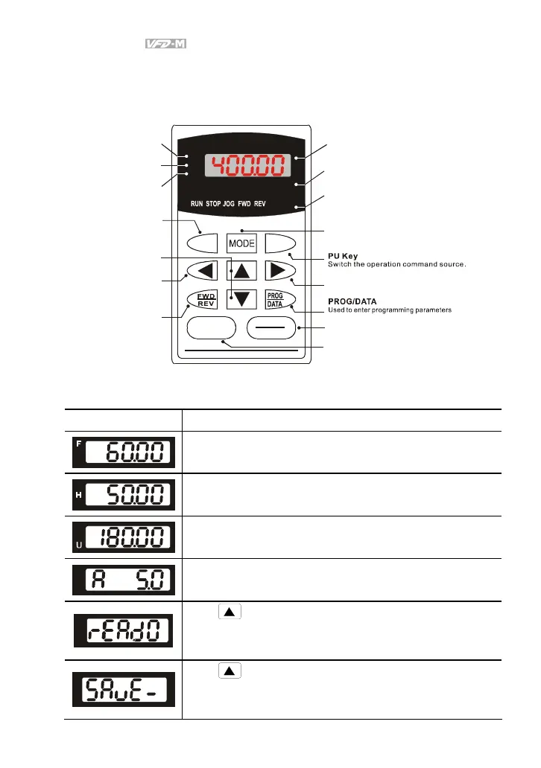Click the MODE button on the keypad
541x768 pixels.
tap(241, 243)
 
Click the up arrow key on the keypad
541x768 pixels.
tap(241, 271)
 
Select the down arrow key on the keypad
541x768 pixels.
tap(241, 299)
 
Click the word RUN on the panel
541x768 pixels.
tap(197, 203)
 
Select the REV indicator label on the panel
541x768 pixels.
tap(259, 203)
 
